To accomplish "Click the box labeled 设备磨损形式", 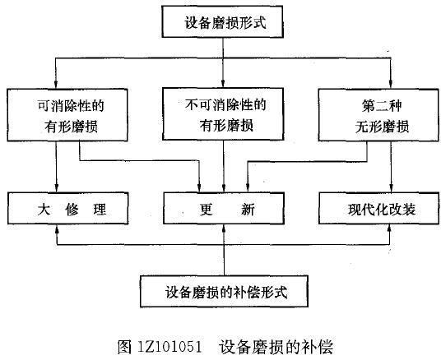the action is click(222, 21).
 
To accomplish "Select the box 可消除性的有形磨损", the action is click(67, 115).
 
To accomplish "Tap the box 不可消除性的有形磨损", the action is click(223, 113).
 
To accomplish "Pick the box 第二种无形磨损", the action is click(378, 115).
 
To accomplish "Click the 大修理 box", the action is click(68, 208).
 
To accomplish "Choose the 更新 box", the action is click(224, 208).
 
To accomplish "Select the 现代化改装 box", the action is click(378, 208).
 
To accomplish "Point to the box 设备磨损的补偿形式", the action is click(224, 291).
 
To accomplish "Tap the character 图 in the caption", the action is click(124, 347).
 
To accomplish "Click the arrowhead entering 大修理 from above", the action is click(57, 188).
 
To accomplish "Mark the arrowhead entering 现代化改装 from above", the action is click(391, 188).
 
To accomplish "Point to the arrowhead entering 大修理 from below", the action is click(57, 228).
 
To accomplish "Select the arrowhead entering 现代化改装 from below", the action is click(389, 228).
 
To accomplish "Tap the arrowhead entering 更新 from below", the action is click(224, 228).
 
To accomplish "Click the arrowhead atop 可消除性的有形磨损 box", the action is click(56, 85).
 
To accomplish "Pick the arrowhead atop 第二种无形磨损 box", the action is click(391, 85).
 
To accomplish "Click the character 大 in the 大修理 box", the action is click(44, 210).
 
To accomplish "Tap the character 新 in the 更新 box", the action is click(248, 210).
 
